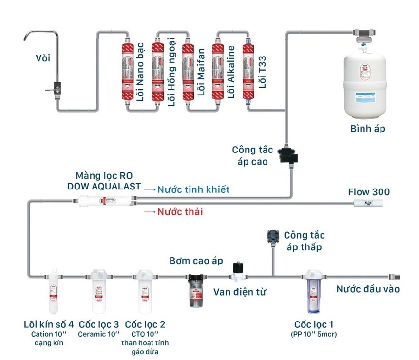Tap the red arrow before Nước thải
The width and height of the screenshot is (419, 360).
pyautogui.click(x=149, y=212)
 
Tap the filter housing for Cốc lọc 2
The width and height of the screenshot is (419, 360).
pyautogui.click(x=145, y=291)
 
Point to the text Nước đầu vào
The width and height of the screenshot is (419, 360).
pyautogui.click(x=368, y=289)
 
